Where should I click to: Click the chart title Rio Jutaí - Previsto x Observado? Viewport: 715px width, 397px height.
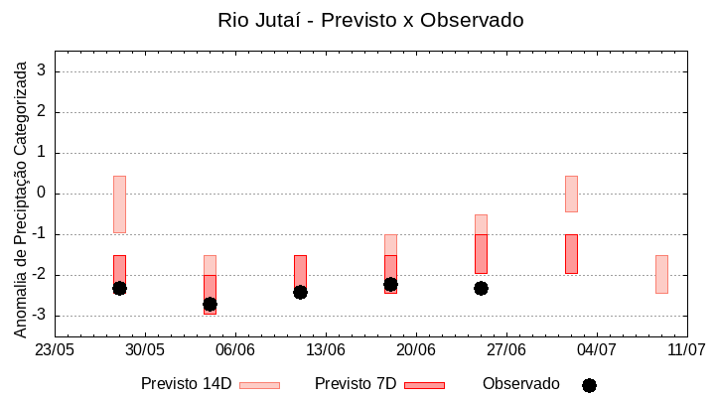pyautogui.click(x=370, y=20)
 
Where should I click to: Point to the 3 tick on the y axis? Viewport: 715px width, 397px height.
pyautogui.click(x=43, y=71)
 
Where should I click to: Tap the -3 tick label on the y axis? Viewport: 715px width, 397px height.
pyautogui.click(x=40, y=316)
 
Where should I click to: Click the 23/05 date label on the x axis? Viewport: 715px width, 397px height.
pyautogui.click(x=55, y=350)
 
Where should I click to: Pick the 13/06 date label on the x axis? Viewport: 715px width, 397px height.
pyautogui.click(x=325, y=350)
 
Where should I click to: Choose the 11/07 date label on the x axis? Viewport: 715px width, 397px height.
pyautogui.click(x=686, y=350)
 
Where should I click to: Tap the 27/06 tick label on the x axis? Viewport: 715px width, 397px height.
pyautogui.click(x=505, y=350)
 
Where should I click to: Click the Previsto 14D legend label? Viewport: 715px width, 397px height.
pyautogui.click(x=186, y=384)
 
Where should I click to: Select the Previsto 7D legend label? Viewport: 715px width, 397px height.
pyautogui.click(x=355, y=384)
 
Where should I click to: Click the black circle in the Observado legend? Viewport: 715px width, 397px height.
pyautogui.click(x=589, y=385)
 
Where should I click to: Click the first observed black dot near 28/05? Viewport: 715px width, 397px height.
pyautogui.click(x=119, y=288)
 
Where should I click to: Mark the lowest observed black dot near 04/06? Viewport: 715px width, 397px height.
pyautogui.click(x=210, y=304)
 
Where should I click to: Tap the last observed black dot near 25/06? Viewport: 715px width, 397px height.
pyautogui.click(x=481, y=288)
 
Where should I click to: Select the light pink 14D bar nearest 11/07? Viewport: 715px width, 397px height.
pyautogui.click(x=661, y=274)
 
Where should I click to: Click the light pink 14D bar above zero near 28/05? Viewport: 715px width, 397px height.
pyautogui.click(x=119, y=203)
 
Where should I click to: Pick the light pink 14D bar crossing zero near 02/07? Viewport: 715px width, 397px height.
pyautogui.click(x=571, y=194)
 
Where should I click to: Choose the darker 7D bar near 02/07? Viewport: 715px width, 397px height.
pyautogui.click(x=571, y=253)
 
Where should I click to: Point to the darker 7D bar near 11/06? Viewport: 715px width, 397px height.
pyautogui.click(x=300, y=270)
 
